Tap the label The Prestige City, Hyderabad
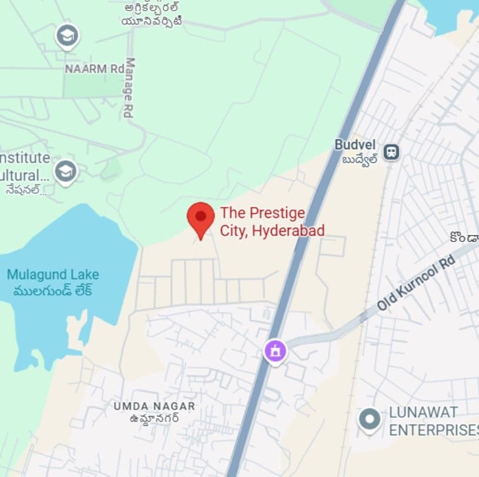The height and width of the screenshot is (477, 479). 272,221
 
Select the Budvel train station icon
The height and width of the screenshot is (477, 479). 391,152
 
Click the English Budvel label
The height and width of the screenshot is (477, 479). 354,145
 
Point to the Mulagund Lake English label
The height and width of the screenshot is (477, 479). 53,274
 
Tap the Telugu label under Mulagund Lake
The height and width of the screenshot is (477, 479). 53,291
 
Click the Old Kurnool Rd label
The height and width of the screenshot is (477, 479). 416,284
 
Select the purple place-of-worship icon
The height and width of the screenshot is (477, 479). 275,351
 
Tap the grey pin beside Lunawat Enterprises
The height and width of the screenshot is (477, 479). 370,419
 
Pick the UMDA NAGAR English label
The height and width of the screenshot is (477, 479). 155,406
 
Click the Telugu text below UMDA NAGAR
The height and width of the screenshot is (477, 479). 155,418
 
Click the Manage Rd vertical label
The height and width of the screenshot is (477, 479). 130,88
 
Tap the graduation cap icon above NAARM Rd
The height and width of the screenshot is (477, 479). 67,36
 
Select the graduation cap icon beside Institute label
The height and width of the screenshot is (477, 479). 65,172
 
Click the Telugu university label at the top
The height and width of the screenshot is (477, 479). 152,14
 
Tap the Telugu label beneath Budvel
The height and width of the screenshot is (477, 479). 360,160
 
